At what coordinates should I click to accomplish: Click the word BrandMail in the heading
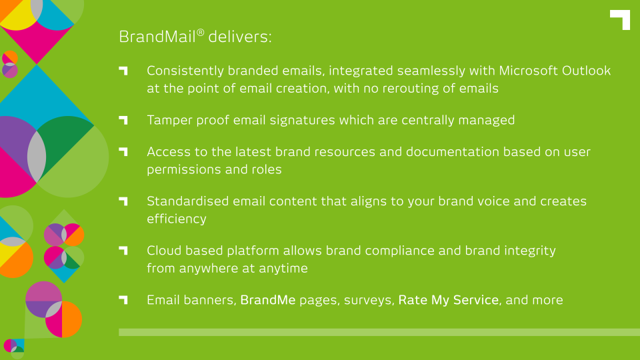click(157, 37)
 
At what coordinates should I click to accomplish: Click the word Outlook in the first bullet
click(586, 71)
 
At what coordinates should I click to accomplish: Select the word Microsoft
click(528, 71)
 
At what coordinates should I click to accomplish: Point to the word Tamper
click(169, 121)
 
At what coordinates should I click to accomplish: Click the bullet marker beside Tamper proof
click(123, 120)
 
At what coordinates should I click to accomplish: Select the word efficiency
click(177, 219)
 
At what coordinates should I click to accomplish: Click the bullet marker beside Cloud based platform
click(123, 250)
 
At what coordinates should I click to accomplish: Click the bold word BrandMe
click(268, 300)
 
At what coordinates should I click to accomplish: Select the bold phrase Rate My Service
click(449, 300)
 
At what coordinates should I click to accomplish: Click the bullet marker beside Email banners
click(123, 300)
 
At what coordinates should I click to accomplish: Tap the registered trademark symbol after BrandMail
click(200, 32)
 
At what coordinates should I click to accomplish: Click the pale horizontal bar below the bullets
click(379, 332)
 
